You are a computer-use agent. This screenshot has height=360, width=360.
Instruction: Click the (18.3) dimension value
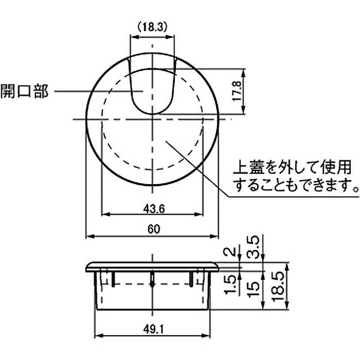click(152, 27)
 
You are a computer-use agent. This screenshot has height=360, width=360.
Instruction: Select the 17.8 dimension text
click(237, 91)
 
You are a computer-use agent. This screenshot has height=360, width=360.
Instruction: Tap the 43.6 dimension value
click(154, 209)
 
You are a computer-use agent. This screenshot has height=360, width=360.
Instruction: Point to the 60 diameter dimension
click(153, 229)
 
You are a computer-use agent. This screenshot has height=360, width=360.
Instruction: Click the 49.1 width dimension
click(154, 330)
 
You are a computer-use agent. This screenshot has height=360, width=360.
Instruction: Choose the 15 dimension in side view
click(253, 289)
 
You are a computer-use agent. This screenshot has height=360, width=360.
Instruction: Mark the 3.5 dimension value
click(253, 248)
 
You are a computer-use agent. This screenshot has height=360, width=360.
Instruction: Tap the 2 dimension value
click(230, 252)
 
